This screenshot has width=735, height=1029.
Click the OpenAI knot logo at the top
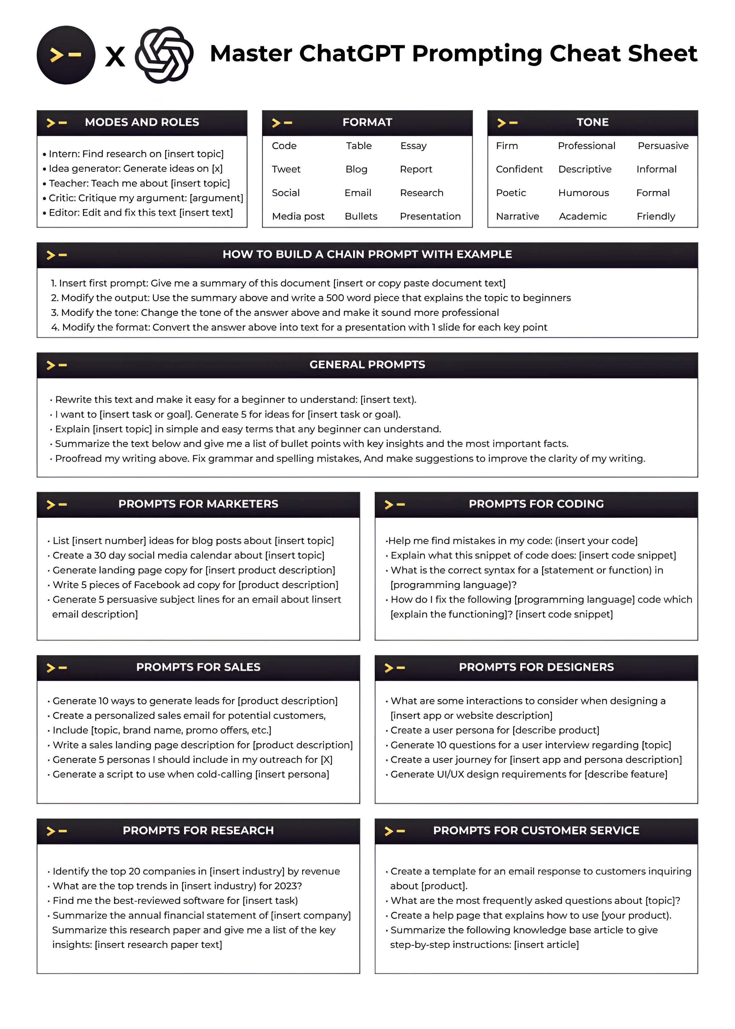coord(164,55)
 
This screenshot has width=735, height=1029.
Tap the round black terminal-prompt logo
coord(66,55)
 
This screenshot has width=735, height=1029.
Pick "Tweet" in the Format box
coord(286,169)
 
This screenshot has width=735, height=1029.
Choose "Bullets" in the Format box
coord(361,217)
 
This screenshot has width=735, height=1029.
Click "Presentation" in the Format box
coord(430,217)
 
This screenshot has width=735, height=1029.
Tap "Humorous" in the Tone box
coord(583,193)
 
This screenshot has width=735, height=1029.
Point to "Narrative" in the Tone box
coord(517,217)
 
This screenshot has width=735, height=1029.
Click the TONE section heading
coord(592,122)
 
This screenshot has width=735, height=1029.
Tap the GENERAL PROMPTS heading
coord(367,365)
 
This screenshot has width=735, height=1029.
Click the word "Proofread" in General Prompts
coord(78,459)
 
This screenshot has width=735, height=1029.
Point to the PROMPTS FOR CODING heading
coord(536,504)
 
